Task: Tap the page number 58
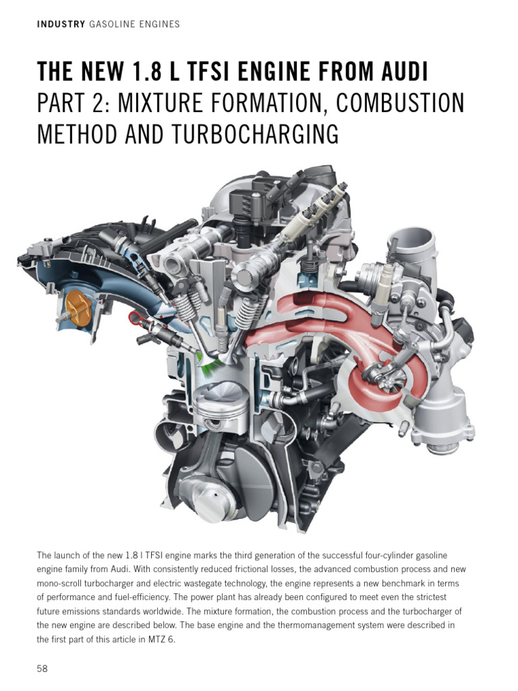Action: tap(42, 669)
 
